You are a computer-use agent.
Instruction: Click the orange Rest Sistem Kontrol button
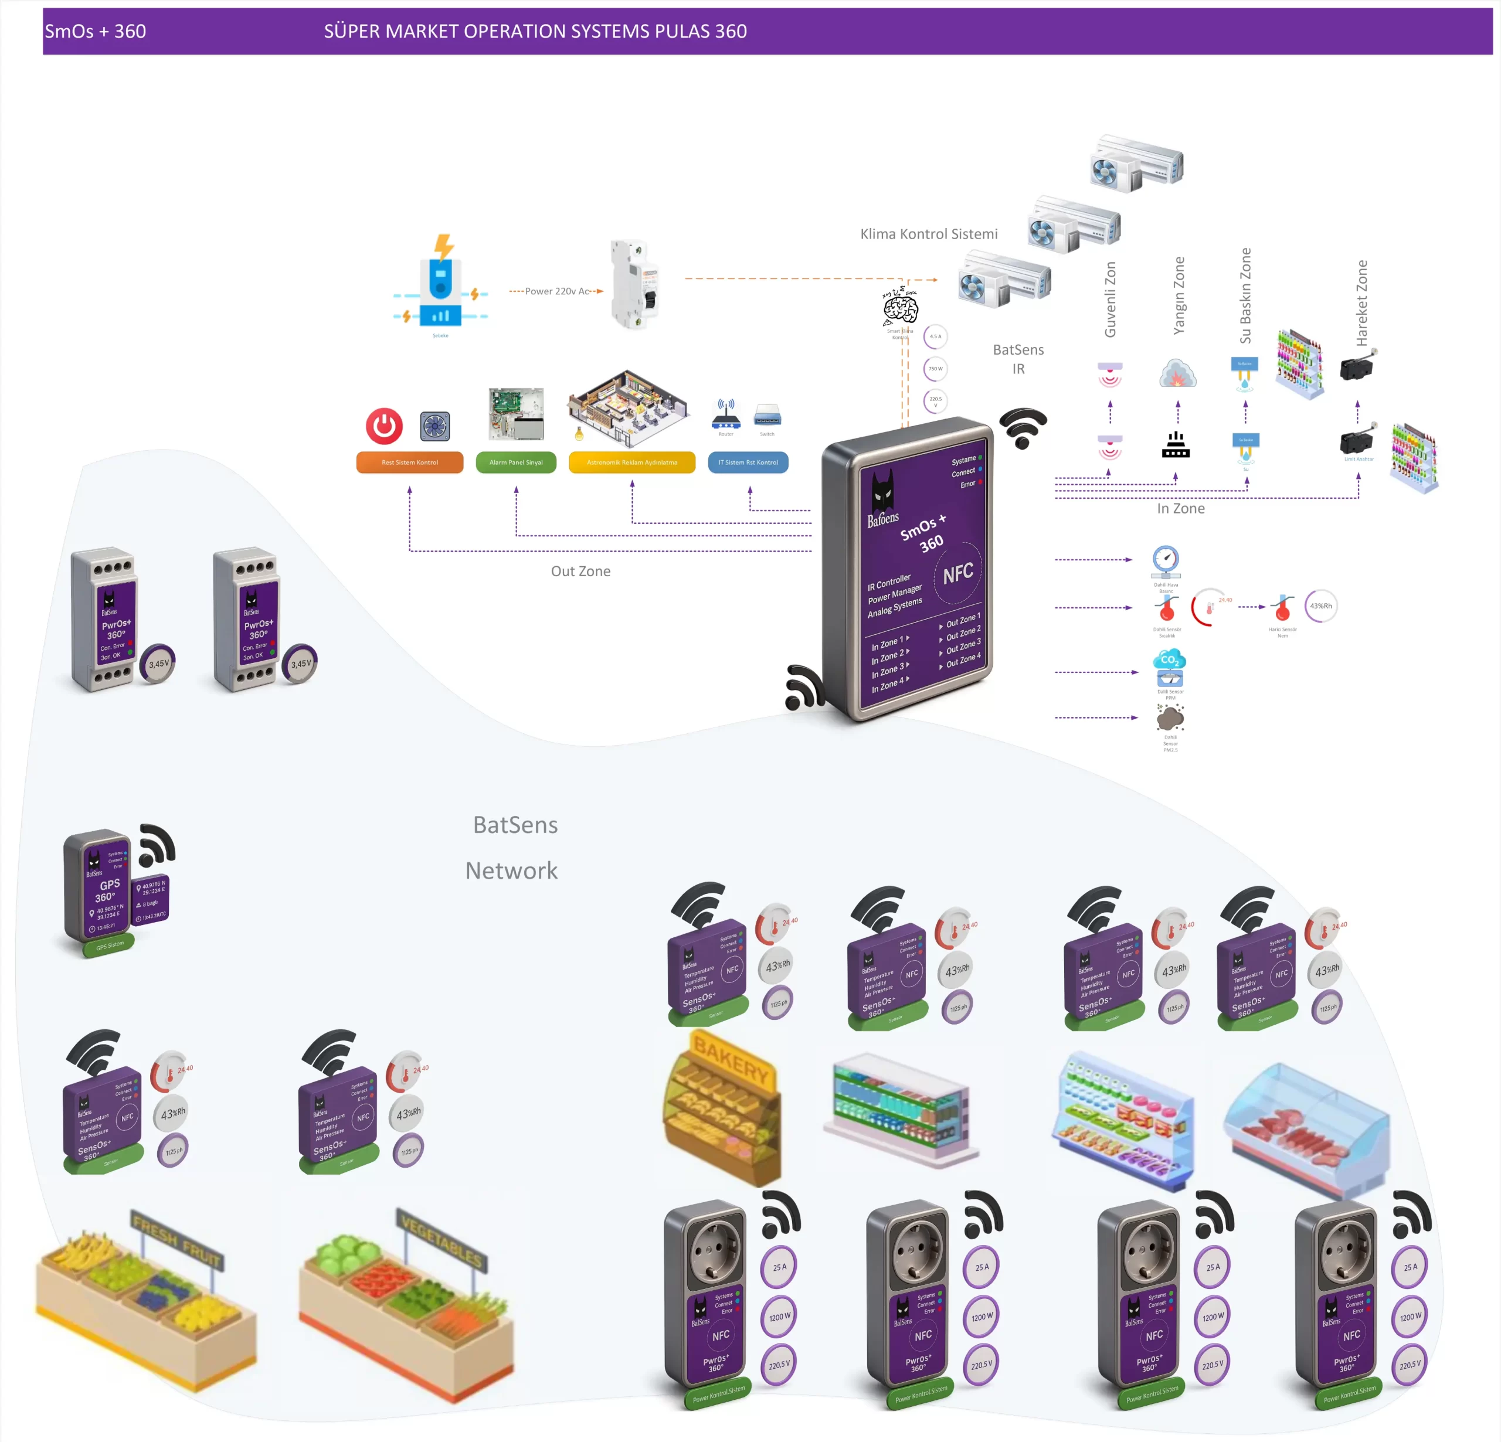(410, 462)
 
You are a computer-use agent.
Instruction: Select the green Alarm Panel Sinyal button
(515, 462)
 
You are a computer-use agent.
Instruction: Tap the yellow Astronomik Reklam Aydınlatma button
(632, 462)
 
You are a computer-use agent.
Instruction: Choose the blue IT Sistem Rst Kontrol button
(748, 462)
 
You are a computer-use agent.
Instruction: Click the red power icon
(385, 426)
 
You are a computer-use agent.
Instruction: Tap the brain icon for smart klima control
(901, 308)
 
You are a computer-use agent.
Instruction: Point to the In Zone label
(1180, 508)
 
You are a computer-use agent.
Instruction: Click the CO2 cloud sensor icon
(1169, 660)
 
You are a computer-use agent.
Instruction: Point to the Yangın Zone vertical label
(1179, 295)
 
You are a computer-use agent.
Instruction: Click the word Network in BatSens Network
(511, 870)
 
